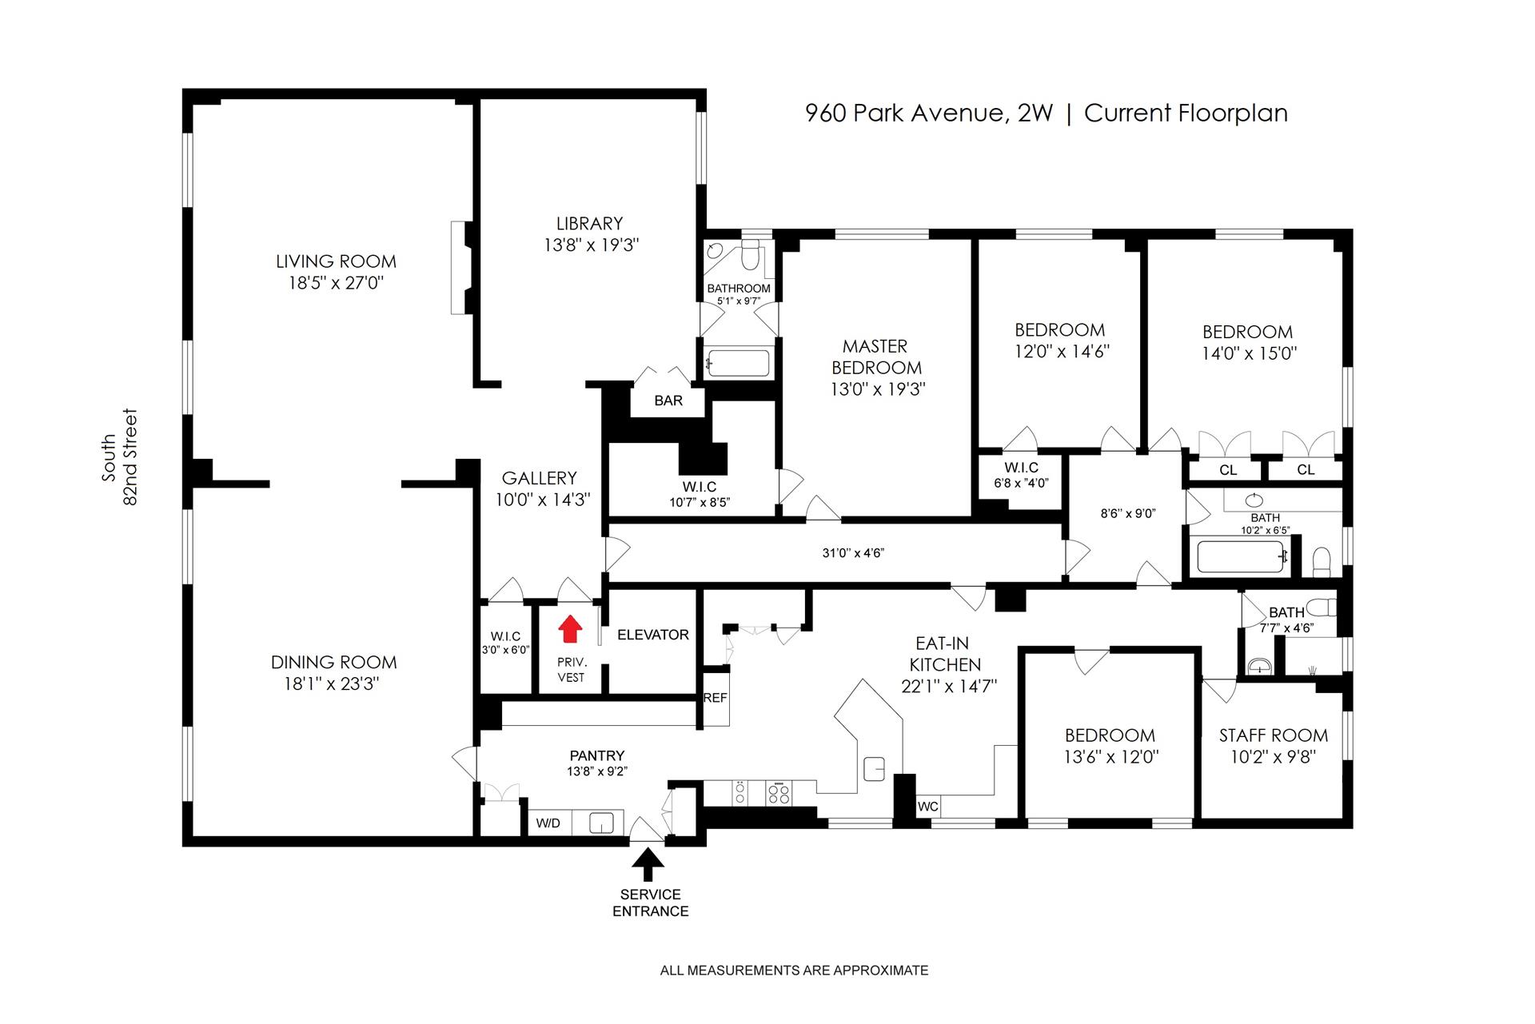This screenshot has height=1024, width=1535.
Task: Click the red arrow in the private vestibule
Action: point(569,629)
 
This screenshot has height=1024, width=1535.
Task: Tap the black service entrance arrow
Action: point(648,864)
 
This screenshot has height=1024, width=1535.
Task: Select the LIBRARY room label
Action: point(589,224)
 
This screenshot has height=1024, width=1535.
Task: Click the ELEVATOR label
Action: point(653,635)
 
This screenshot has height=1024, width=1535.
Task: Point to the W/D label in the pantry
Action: point(548,823)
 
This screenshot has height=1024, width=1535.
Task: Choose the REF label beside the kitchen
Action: point(715,698)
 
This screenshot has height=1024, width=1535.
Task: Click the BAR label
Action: point(668,400)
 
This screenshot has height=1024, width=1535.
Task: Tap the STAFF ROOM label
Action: point(1273,735)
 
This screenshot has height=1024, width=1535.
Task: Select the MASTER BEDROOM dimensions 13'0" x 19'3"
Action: point(878,389)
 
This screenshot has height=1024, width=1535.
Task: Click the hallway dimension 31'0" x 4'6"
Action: point(853,552)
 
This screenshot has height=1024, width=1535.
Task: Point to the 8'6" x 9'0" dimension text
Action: point(1127,513)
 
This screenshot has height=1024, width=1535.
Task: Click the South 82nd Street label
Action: point(119,457)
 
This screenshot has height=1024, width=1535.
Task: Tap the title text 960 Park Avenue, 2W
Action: point(929,114)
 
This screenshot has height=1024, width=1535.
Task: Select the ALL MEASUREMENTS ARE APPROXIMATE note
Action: point(794,970)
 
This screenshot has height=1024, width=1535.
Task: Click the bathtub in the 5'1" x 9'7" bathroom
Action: point(738,363)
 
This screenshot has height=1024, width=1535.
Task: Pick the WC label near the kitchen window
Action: point(927,807)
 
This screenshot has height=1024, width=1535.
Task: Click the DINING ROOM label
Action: point(333,663)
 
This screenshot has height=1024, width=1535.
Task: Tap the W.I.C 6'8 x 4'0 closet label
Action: point(1021,475)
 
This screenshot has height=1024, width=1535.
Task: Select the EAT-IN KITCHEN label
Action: point(944,654)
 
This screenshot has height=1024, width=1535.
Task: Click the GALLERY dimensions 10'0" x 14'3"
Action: point(542,500)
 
